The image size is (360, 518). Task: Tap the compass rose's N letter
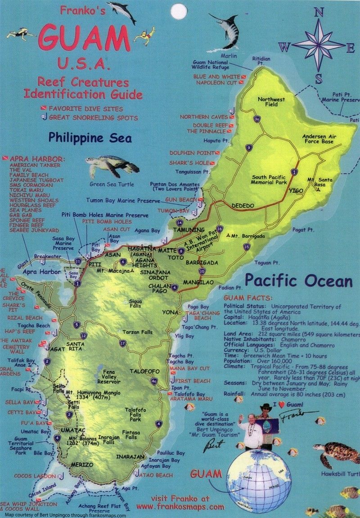[x=319, y=12]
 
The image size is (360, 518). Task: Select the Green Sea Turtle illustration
[x=112, y=167]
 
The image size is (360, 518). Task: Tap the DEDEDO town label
[x=243, y=205]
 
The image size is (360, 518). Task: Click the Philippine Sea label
[x=90, y=138]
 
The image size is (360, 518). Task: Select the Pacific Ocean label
[x=298, y=281]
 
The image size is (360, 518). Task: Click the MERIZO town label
[x=82, y=464]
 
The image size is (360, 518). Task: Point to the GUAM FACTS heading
[x=247, y=298]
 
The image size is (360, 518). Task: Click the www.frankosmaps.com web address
[x=180, y=506]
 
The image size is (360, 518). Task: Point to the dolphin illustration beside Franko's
[x=122, y=11]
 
